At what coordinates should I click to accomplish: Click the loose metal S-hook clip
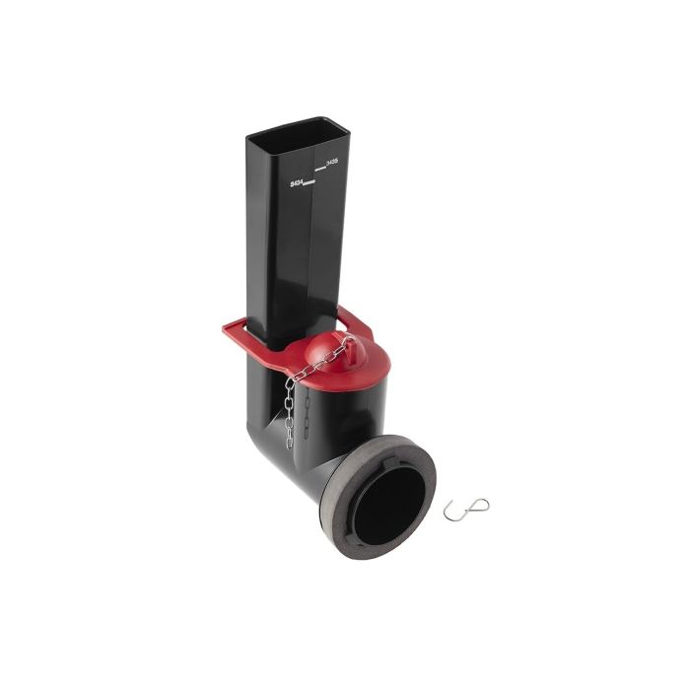coord(465,509)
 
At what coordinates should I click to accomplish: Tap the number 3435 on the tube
coord(329,165)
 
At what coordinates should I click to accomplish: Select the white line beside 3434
coord(309,184)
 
